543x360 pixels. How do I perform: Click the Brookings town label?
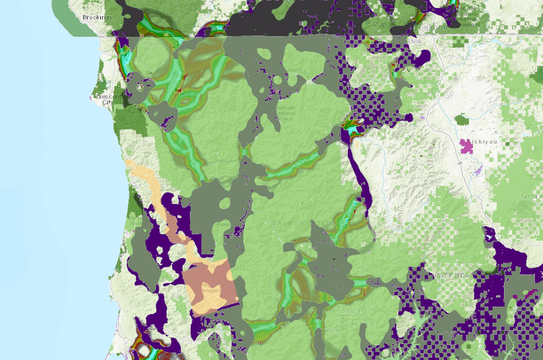coord(93,17)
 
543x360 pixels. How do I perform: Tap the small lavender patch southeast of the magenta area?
coord(478,168)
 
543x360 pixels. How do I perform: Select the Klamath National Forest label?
coord(287,111)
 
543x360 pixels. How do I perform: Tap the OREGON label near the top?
coord(413,41)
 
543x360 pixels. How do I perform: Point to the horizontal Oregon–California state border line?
coord(266,35)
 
